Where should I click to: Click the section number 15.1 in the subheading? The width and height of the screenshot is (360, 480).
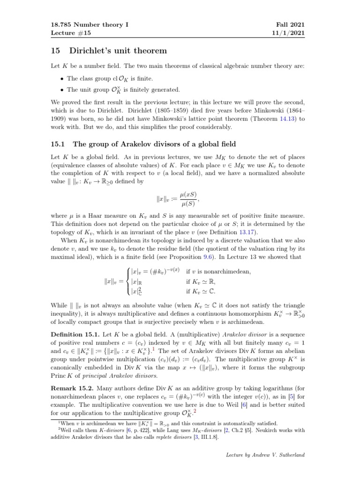(x=58, y=144)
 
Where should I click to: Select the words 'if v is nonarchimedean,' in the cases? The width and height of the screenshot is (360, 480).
(x=218, y=271)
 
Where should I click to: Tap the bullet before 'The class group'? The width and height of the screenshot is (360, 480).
(x=62, y=79)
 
